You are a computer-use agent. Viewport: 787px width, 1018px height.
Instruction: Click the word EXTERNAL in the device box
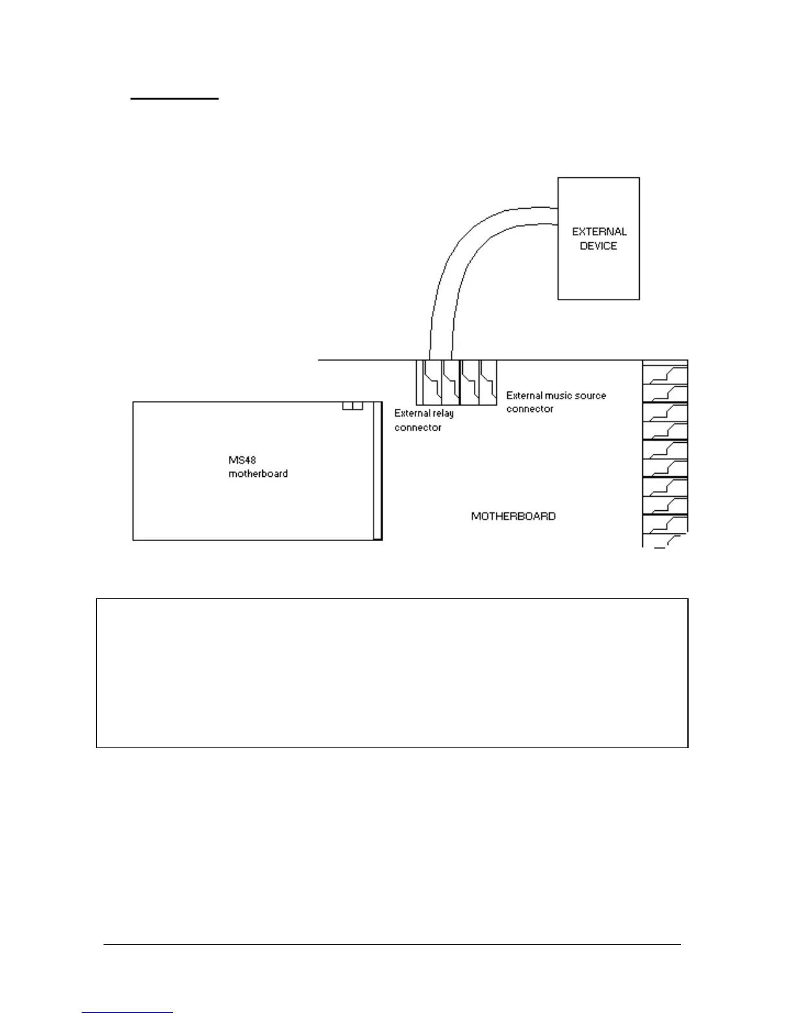click(599, 231)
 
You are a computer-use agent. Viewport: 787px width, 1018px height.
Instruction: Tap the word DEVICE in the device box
click(598, 246)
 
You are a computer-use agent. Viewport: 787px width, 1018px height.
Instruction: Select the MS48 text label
click(242, 460)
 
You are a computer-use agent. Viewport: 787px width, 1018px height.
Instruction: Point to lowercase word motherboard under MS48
click(258, 474)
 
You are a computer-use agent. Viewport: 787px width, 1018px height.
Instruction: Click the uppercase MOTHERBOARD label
click(513, 516)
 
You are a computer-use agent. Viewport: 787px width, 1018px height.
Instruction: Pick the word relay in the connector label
click(443, 413)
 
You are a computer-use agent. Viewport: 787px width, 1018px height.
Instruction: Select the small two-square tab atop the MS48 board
click(352, 406)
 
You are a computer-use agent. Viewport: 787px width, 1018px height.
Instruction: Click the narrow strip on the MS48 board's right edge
click(377, 471)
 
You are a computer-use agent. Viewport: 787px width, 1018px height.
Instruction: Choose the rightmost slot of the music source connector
click(489, 382)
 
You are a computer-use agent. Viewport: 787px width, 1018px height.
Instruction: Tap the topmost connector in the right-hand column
click(665, 375)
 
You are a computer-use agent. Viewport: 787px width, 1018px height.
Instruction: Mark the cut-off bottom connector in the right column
click(665, 541)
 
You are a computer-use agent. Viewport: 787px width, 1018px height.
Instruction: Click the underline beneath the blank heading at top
click(175, 99)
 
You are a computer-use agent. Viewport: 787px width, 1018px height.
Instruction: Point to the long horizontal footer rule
click(392, 944)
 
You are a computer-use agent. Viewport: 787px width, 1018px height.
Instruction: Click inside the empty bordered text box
click(392, 673)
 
